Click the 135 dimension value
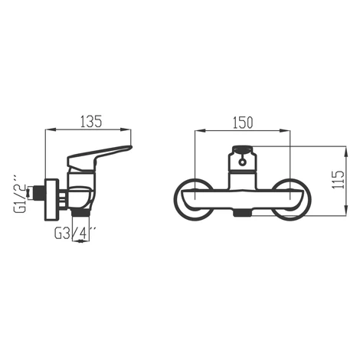(x=91, y=122)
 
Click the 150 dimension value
(x=243, y=123)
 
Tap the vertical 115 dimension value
(x=339, y=180)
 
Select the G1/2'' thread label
(x=20, y=194)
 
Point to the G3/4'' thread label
(x=75, y=233)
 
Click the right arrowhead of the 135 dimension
(x=126, y=130)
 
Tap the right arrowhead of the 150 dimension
(x=285, y=131)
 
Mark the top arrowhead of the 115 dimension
(x=346, y=152)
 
